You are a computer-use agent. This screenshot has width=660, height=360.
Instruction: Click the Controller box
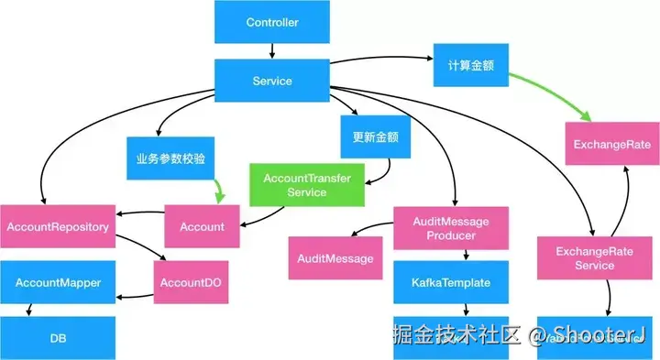pyautogui.click(x=272, y=21)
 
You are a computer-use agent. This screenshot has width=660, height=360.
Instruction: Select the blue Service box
pyautogui.click(x=272, y=81)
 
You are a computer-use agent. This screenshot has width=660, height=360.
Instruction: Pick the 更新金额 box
pyautogui.click(x=375, y=137)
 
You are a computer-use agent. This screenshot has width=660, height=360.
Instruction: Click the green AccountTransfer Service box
pyautogui.click(x=307, y=185)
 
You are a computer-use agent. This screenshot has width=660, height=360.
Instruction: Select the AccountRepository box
pyautogui.click(x=58, y=226)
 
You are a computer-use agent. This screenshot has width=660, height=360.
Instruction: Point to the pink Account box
pyautogui.click(x=203, y=226)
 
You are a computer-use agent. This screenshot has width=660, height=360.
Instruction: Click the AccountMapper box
pyautogui.click(x=58, y=283)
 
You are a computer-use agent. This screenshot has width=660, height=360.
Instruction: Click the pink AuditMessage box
pyautogui.click(x=335, y=259)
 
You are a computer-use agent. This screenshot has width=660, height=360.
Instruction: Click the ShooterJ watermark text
pyautogui.click(x=599, y=333)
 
